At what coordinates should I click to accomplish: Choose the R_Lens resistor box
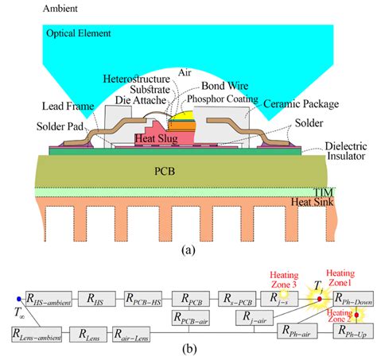[92, 334]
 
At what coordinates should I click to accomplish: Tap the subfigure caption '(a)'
[188, 249]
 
